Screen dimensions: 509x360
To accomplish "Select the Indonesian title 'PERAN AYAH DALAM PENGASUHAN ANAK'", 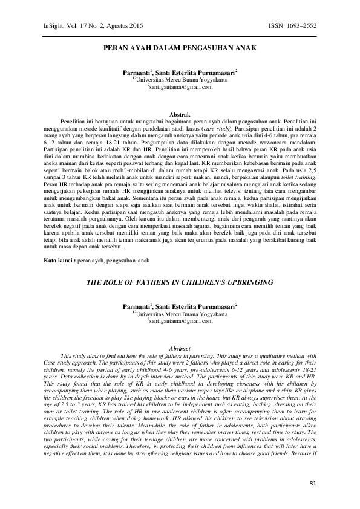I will click(x=180, y=47).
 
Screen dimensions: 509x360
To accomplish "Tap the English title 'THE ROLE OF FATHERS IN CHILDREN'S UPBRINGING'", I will click(x=180, y=282).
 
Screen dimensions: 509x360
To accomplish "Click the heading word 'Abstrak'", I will click(x=180, y=114).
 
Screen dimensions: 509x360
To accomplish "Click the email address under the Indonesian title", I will click(x=180, y=86).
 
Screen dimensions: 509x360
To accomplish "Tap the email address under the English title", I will click(x=180, y=321).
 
